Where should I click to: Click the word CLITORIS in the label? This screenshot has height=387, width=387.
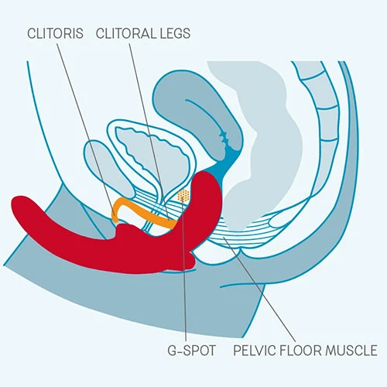(x=55, y=33)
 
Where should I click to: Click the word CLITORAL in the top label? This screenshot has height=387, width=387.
(x=125, y=33)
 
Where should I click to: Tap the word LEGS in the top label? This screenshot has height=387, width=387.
(x=175, y=33)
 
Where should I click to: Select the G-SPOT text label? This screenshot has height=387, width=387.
(x=191, y=351)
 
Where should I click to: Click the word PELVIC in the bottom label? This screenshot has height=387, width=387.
(x=255, y=351)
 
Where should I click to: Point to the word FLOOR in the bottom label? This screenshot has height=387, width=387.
(x=300, y=351)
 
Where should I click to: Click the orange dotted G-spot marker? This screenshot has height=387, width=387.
(x=183, y=195)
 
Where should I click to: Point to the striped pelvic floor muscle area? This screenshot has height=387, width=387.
(x=240, y=232)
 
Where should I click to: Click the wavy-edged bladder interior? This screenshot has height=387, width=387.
(x=152, y=155)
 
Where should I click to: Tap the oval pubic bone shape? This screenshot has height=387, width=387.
(x=108, y=168)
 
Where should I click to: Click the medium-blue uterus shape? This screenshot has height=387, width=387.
(x=196, y=114)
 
